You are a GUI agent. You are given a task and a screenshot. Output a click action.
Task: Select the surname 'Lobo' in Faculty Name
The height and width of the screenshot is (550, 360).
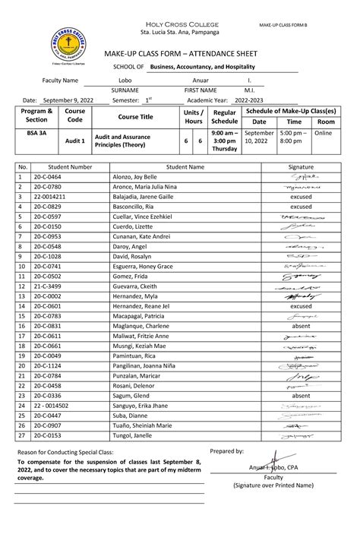tap(125, 80)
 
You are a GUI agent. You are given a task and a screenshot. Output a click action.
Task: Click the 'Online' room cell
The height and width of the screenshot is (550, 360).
tap(324, 132)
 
